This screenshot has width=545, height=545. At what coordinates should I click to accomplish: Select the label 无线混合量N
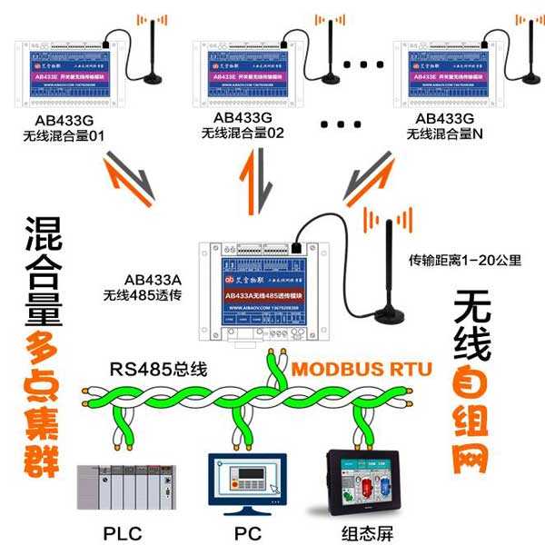point(445,134)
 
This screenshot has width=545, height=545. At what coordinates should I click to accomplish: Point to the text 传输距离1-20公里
point(465,260)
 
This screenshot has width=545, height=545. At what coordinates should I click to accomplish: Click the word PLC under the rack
point(123,533)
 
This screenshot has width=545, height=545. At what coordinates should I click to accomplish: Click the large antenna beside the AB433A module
point(392,272)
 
